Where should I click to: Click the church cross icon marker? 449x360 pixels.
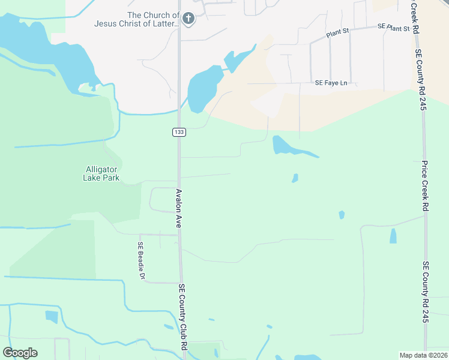point(188,19)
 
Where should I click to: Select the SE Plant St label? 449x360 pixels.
point(393,28)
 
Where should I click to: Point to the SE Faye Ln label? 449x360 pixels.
point(331,83)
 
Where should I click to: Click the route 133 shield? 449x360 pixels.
point(178,132)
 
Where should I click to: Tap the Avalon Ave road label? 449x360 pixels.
point(178,208)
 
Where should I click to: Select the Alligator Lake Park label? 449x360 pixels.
point(102,173)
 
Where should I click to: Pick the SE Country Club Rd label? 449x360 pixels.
point(182,318)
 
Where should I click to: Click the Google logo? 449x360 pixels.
point(20,352)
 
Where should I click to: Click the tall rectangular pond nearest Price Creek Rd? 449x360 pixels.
point(393,236)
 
